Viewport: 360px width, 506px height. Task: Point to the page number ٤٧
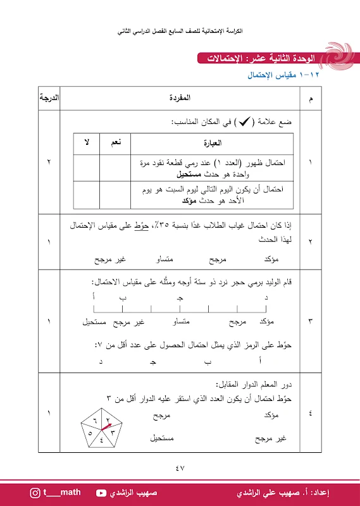pos(180,468)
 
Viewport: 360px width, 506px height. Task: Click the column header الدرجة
pos(49,100)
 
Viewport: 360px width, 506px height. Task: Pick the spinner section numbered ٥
pos(93,434)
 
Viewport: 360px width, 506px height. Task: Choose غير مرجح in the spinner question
pos(270,438)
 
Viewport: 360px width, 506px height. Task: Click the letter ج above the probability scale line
pos(180,297)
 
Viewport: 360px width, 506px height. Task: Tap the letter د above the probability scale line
pos(266,297)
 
